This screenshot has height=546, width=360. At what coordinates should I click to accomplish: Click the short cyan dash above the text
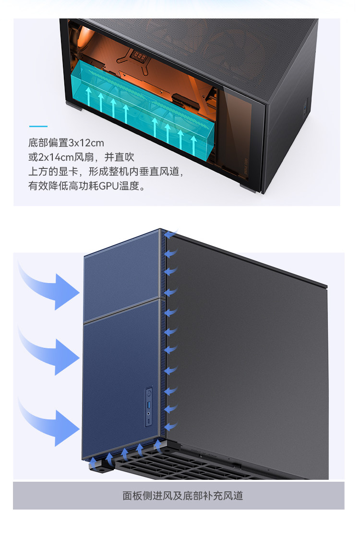click(x=38, y=127)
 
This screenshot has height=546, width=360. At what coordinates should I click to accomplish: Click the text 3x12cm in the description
click(x=86, y=143)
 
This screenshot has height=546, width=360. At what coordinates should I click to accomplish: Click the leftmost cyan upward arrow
click(x=89, y=96)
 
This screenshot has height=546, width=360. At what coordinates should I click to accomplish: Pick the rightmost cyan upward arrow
click(x=193, y=144)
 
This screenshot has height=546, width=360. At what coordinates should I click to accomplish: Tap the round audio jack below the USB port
click(x=149, y=420)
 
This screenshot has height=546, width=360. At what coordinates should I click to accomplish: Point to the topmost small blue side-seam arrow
click(x=172, y=234)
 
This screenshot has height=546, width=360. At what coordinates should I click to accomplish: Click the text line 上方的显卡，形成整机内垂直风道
click(x=106, y=172)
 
